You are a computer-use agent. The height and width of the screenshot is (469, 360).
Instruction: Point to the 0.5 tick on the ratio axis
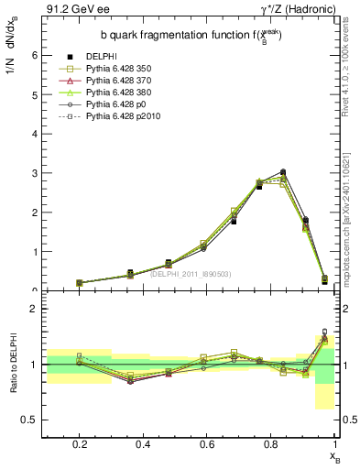(x=31, y=420)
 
